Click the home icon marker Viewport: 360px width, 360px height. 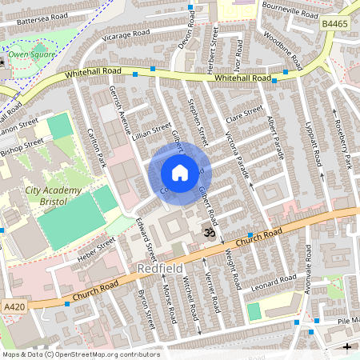(180, 173)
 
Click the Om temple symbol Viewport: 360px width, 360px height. (208, 232)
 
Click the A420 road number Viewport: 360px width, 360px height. (13, 306)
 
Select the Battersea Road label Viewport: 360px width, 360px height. (35, 16)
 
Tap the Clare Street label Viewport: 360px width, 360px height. (244, 114)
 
